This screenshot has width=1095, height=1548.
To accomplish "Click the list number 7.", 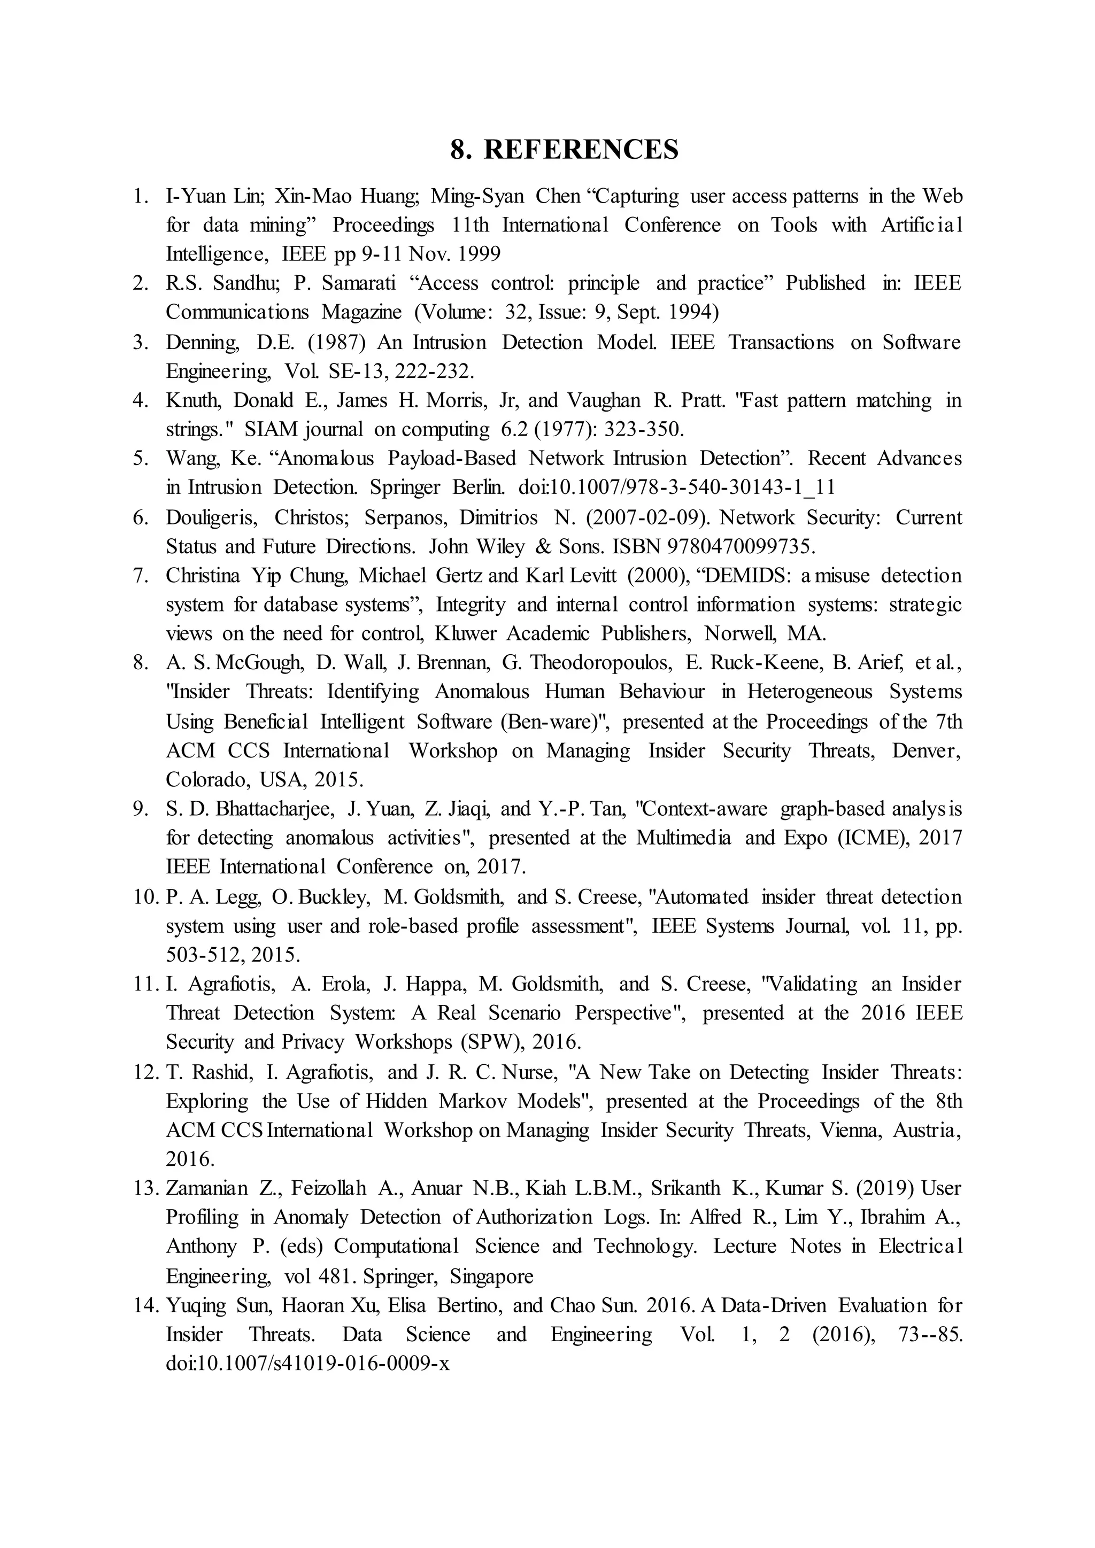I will pos(140,576).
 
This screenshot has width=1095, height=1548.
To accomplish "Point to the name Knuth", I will pos(193,400).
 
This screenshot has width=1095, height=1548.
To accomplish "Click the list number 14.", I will pos(145,1305).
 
